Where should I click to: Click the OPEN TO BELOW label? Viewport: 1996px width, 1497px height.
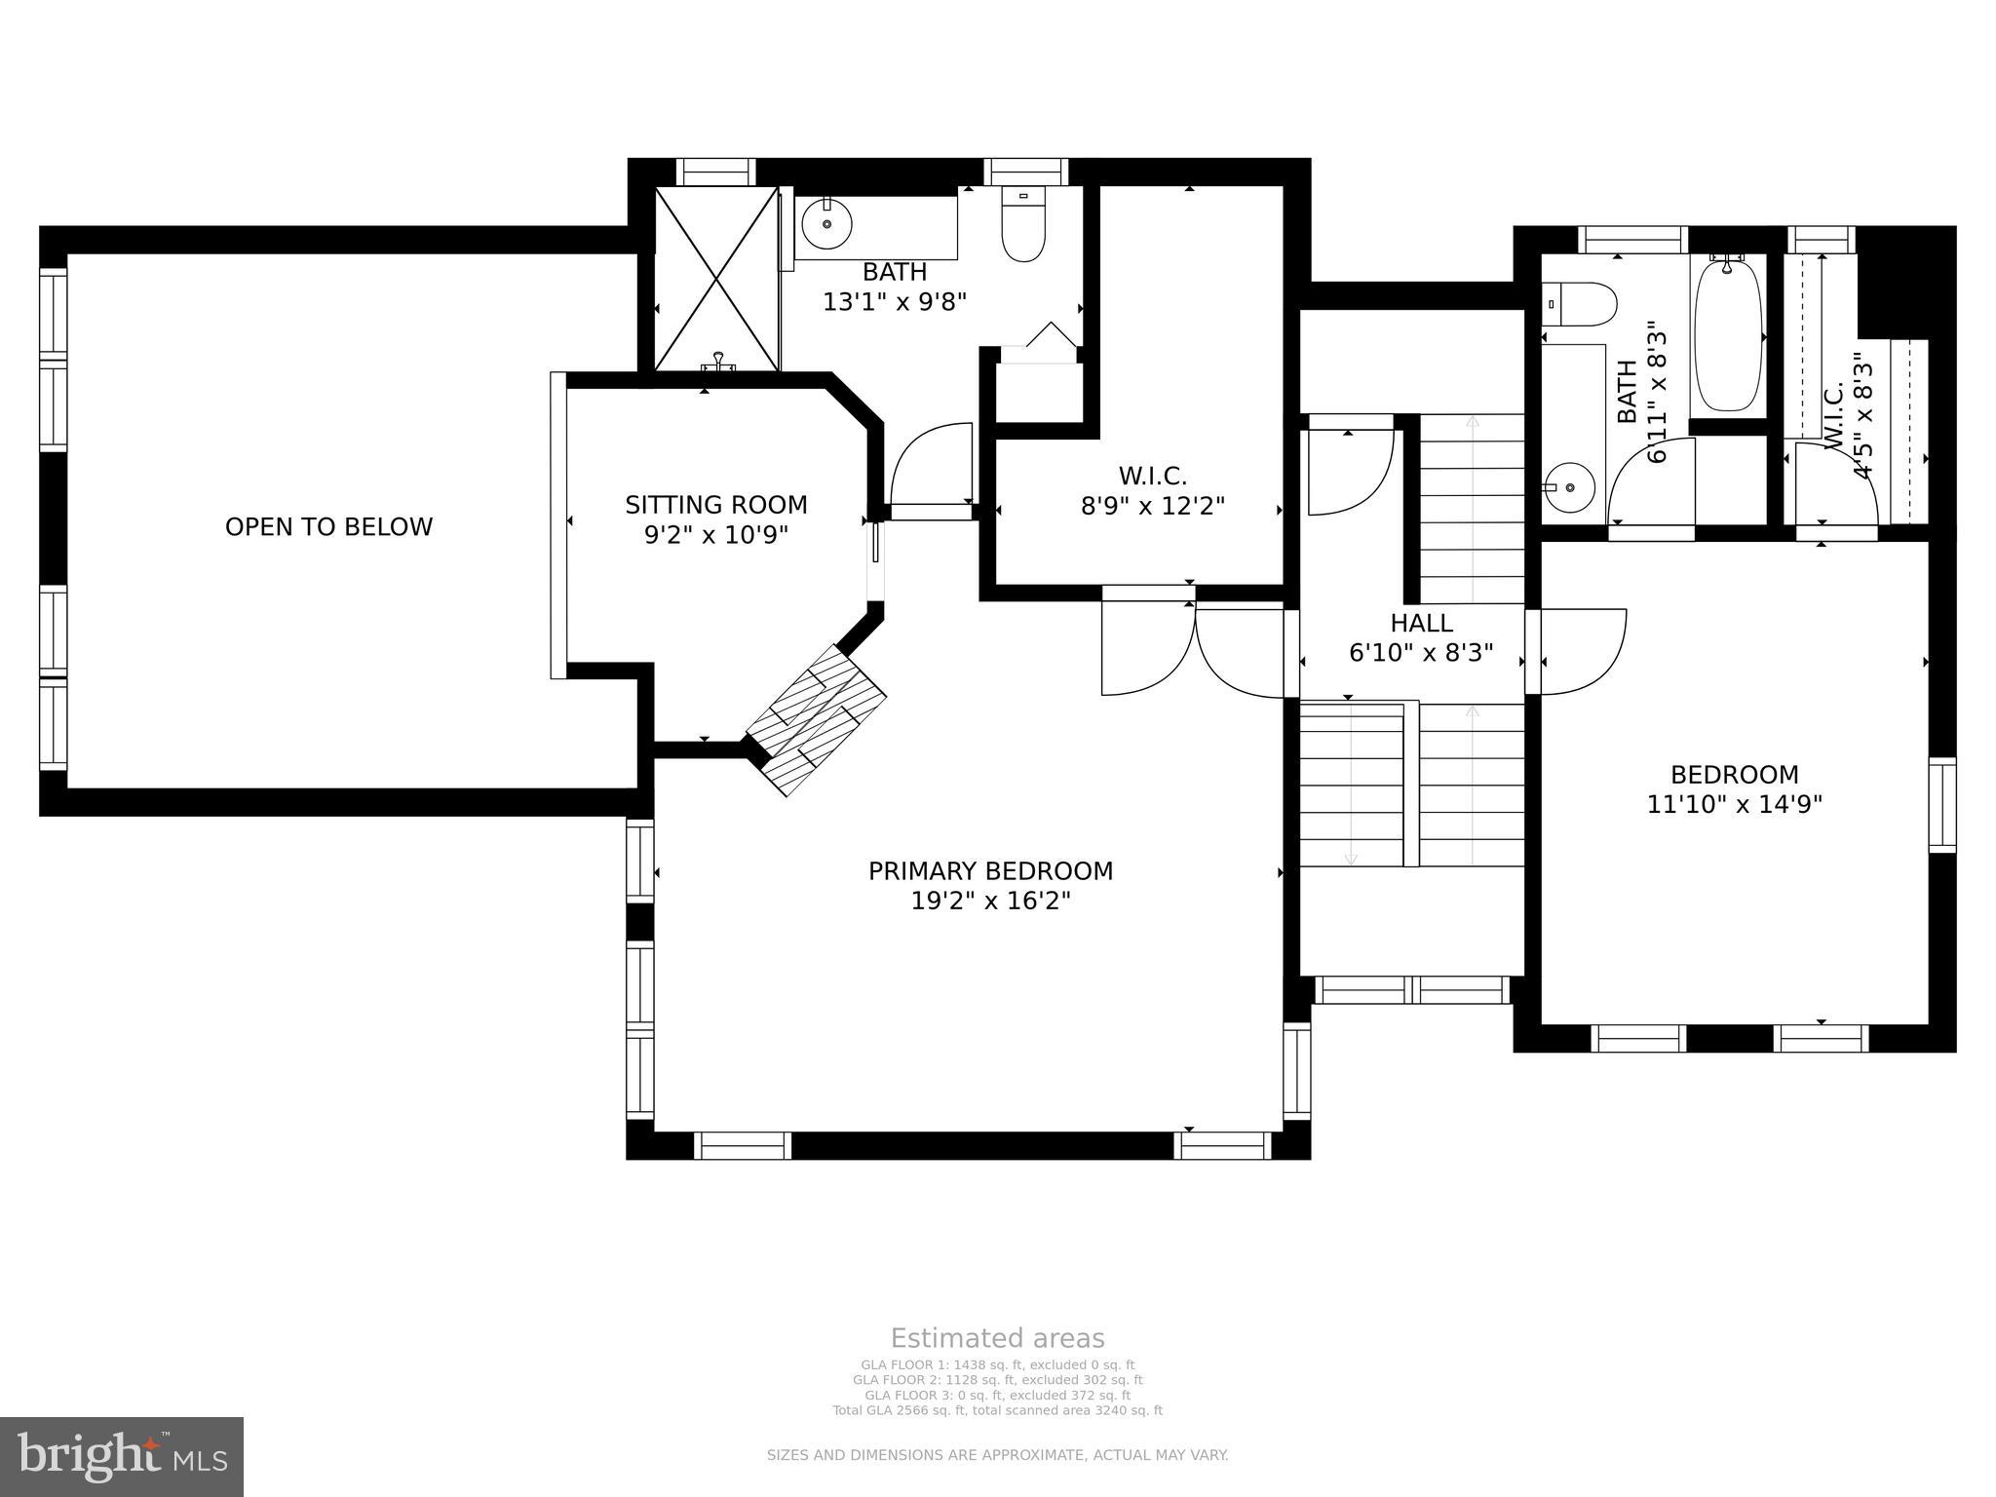pos(328,527)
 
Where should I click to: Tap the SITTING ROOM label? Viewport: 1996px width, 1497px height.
pos(715,505)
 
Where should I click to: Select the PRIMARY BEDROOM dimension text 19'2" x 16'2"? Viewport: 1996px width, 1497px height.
pos(990,901)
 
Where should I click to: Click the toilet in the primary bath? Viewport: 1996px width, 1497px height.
pos(1023,225)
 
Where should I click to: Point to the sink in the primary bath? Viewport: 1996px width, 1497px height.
pos(826,224)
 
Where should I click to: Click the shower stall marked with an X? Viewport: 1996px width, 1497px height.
pos(717,280)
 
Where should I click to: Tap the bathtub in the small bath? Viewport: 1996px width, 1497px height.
pos(1728,335)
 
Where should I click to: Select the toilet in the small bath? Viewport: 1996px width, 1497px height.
pos(1580,303)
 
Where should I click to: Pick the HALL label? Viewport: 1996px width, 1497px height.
pos(1421,623)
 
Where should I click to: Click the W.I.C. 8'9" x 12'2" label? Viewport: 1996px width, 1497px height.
pos(1152,491)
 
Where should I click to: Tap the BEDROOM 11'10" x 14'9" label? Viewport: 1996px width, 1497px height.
pos(1734,789)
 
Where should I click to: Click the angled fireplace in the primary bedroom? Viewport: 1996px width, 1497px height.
pos(817,719)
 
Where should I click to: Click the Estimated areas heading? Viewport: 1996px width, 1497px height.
pos(997,1338)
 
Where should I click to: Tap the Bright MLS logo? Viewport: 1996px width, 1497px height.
pos(122,1456)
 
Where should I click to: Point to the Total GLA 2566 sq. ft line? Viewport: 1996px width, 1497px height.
pos(997,1410)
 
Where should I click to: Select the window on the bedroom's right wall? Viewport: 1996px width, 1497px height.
pos(1942,805)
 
